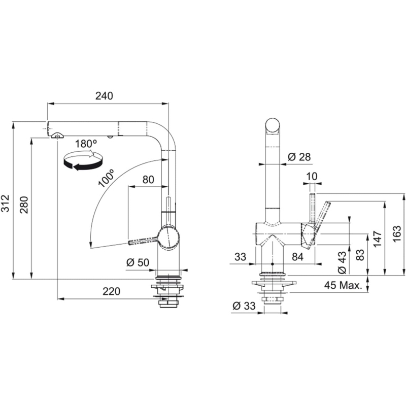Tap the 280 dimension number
pyautogui.click(x=24, y=203)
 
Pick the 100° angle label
pyautogui.click(x=107, y=178)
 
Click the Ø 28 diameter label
pyautogui.click(x=299, y=157)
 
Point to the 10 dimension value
pyautogui.click(x=312, y=176)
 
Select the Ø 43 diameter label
pyautogui.click(x=342, y=262)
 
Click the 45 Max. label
pyautogui.click(x=344, y=285)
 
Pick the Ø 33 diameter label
pyautogui.click(x=243, y=306)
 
